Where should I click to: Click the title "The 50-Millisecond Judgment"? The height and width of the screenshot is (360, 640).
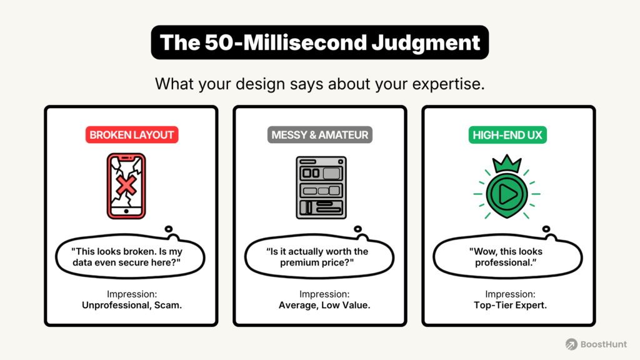319,43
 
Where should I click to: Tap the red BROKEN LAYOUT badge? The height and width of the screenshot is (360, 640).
131,135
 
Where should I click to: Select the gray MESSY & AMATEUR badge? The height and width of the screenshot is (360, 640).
319,135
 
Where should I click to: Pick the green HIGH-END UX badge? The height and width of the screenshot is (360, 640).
508,135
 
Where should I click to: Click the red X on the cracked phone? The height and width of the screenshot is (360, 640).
127,185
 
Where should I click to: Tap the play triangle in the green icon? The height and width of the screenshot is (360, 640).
508,196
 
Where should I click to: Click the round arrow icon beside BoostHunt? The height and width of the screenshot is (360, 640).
571,344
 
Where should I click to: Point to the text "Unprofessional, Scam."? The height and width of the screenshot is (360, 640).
131,306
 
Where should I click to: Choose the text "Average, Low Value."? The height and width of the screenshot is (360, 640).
319,306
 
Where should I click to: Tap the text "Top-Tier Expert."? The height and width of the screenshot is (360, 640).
508,306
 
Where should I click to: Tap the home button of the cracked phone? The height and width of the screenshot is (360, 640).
126,211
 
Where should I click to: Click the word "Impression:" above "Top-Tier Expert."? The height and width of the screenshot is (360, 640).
508,294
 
